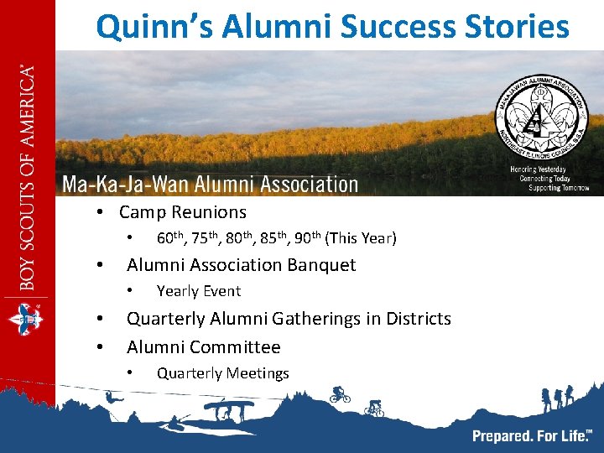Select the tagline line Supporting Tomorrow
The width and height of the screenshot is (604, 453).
(x=558, y=188)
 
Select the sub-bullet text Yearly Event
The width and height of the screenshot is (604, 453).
(x=199, y=291)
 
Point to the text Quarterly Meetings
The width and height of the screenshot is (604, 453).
(x=223, y=373)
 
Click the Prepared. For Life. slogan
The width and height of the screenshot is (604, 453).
(x=531, y=435)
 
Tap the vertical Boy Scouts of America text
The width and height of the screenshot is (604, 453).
(x=28, y=176)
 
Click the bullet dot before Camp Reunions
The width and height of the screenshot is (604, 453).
(x=99, y=213)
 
